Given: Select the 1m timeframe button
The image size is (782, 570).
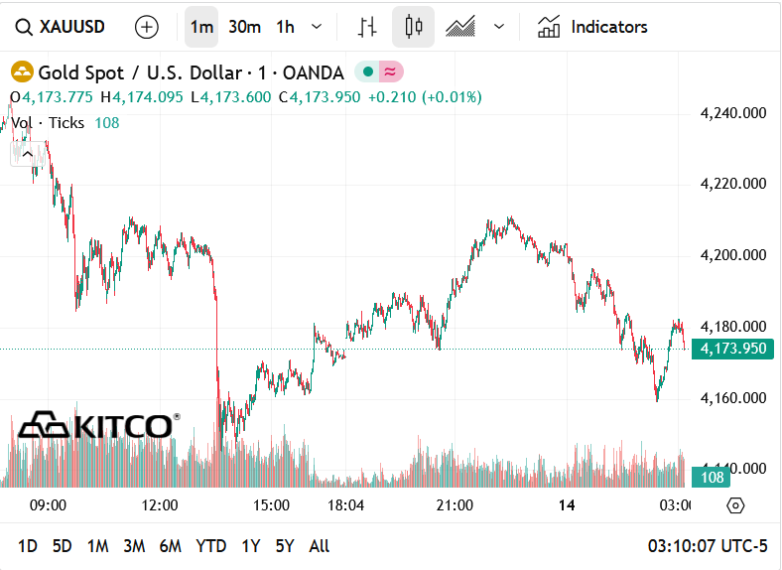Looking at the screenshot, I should [x=201, y=27].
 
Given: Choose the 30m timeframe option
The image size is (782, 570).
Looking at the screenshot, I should [x=244, y=27].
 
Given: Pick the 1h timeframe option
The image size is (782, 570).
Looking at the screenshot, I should [x=285, y=27].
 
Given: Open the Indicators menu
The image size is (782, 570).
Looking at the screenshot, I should [x=592, y=27].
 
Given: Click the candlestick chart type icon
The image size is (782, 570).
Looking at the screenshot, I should [x=413, y=27].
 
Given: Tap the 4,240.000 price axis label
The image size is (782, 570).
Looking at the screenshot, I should [x=732, y=113].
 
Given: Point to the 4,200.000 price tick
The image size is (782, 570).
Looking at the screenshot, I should [x=732, y=255].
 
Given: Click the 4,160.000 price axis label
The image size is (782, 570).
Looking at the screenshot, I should [x=732, y=398].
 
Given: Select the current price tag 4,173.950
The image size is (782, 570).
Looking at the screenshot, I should [x=733, y=349].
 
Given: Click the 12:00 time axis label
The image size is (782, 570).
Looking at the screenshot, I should [x=160, y=505].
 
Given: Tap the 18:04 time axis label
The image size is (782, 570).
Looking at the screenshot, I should [x=345, y=505].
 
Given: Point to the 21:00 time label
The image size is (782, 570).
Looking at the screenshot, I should [x=454, y=505].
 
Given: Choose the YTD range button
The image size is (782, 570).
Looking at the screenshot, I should [x=210, y=545].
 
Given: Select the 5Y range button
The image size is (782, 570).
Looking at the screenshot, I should [x=285, y=545].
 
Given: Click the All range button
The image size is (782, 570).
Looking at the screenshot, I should [x=320, y=545].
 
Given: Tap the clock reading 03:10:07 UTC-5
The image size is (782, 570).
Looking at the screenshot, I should [x=708, y=545].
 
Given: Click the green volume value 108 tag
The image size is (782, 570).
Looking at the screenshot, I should [x=713, y=478].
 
